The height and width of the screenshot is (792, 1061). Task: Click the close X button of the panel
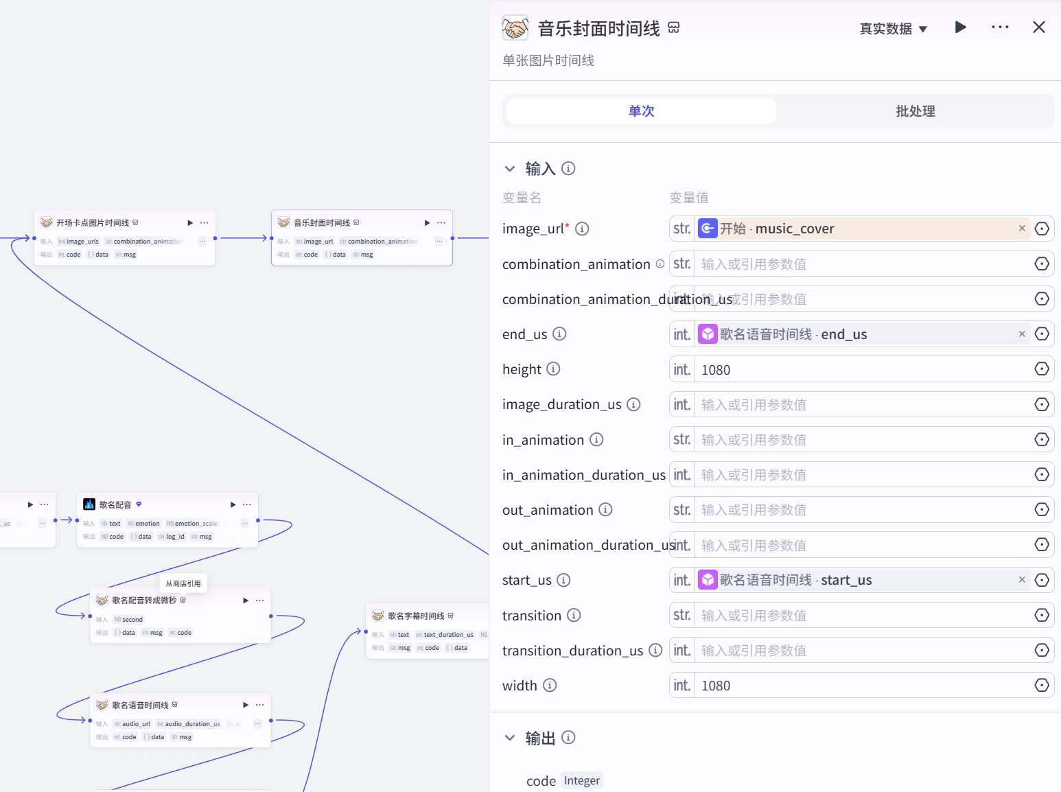tap(1038, 27)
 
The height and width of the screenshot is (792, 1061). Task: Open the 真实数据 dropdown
tap(893, 29)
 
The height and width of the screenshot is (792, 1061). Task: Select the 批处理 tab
tap(915, 111)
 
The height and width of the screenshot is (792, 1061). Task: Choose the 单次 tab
tap(641, 111)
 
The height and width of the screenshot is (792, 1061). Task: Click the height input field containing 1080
tap(861, 370)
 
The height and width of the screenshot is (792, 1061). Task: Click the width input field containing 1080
tap(861, 686)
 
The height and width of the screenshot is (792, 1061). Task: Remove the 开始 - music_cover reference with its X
tap(1022, 229)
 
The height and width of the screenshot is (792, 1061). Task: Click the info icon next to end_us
tap(559, 334)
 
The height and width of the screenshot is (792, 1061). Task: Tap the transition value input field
tap(861, 616)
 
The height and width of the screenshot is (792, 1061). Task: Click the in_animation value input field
tap(861, 440)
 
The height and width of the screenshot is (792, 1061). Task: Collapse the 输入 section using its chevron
tap(510, 169)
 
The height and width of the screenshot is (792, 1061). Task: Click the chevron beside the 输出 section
tap(510, 738)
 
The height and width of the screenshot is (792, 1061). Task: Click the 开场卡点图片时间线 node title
tap(93, 223)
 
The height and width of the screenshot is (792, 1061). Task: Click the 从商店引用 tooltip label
tap(183, 583)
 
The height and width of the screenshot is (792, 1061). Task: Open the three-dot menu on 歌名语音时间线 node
tap(259, 705)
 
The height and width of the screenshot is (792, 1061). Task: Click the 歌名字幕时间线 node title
tap(416, 616)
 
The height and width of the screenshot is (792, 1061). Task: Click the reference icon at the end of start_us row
tap(1041, 580)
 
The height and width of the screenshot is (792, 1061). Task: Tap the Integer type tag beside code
tap(581, 780)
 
